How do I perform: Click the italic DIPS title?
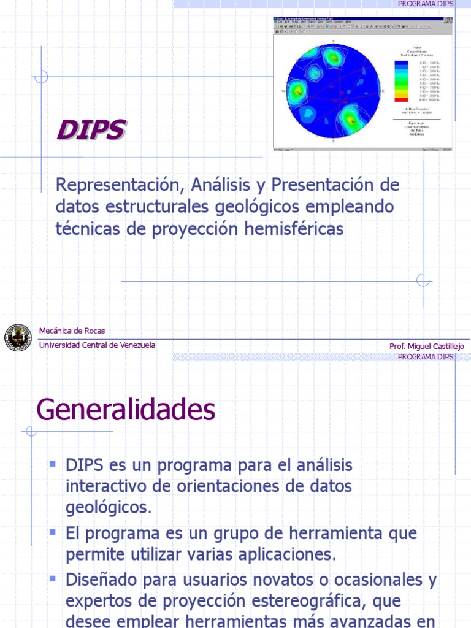point(92,130)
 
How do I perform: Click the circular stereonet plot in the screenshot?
point(334,91)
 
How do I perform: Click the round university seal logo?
point(18,338)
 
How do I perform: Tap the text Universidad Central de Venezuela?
point(97,345)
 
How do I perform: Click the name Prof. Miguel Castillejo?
point(427,347)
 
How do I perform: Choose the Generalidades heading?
point(126,410)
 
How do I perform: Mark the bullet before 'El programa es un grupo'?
point(53,530)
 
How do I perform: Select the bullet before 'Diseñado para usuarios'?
point(53,578)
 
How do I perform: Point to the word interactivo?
point(110,487)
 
